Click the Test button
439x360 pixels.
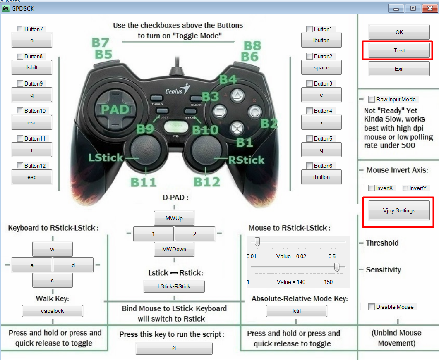point(399,50)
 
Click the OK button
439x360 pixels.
point(399,32)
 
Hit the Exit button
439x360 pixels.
point(399,69)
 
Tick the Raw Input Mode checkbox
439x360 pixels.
point(372,99)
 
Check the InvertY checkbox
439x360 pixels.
point(405,188)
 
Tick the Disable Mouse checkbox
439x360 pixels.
point(372,307)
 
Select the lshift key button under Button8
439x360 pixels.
point(31,67)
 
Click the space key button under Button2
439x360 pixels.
point(321,67)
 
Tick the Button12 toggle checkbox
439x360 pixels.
point(20,166)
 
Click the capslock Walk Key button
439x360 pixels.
point(53,311)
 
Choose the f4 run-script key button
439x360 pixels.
point(174,348)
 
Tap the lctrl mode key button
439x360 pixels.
point(297,311)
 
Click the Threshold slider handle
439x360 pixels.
point(257,242)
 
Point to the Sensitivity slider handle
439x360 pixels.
point(337,267)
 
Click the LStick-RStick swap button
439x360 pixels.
point(174,286)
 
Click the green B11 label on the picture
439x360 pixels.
point(143,182)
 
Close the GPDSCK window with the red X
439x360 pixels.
point(430,8)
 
